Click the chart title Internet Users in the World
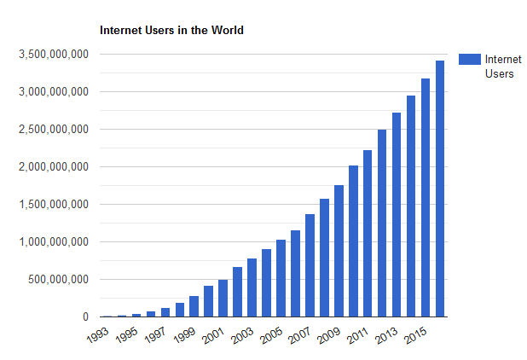click(171, 30)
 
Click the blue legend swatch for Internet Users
click(469, 59)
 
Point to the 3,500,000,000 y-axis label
click(53, 55)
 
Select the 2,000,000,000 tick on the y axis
click(53, 167)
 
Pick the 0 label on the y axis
click(84, 317)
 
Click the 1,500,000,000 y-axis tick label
click(53, 205)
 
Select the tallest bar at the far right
click(440, 189)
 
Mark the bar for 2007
click(310, 265)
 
